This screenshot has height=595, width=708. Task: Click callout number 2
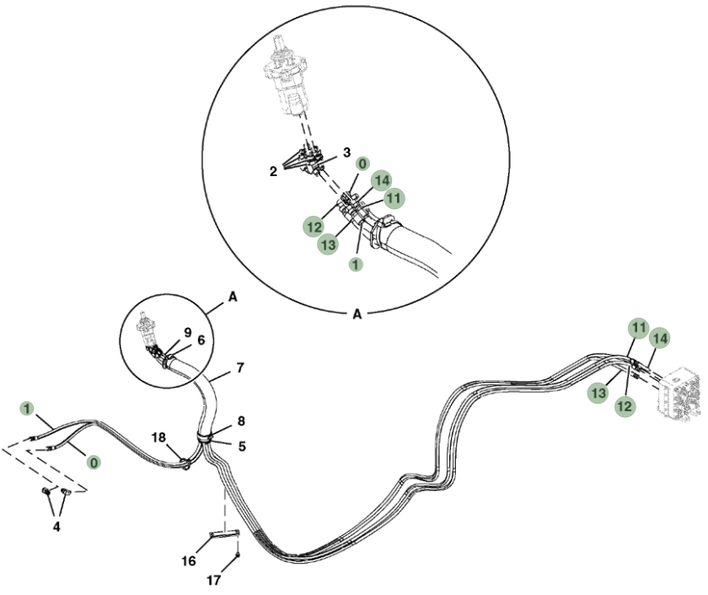(x=273, y=172)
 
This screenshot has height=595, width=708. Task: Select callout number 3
(x=346, y=153)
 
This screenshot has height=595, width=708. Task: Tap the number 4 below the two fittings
(x=56, y=527)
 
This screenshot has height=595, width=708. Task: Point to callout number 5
(x=242, y=447)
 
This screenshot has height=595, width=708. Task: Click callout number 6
(x=201, y=340)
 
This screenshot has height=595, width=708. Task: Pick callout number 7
(x=240, y=368)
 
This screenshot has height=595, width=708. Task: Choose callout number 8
(x=241, y=421)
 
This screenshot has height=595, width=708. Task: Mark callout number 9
(x=188, y=333)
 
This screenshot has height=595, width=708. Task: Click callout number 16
(x=189, y=561)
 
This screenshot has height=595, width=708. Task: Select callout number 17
(x=213, y=580)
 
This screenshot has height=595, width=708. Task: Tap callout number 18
(x=158, y=437)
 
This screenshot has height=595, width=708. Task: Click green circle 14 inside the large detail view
(x=382, y=180)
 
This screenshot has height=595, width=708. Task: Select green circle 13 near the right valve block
(x=598, y=393)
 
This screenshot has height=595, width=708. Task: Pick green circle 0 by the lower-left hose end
(x=94, y=463)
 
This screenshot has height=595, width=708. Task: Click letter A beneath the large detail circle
(x=357, y=314)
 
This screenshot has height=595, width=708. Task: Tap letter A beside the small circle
(x=233, y=297)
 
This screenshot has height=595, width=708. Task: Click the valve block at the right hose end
(x=678, y=394)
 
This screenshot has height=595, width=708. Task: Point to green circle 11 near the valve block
(x=639, y=328)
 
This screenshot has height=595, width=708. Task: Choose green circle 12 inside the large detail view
(x=314, y=227)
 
